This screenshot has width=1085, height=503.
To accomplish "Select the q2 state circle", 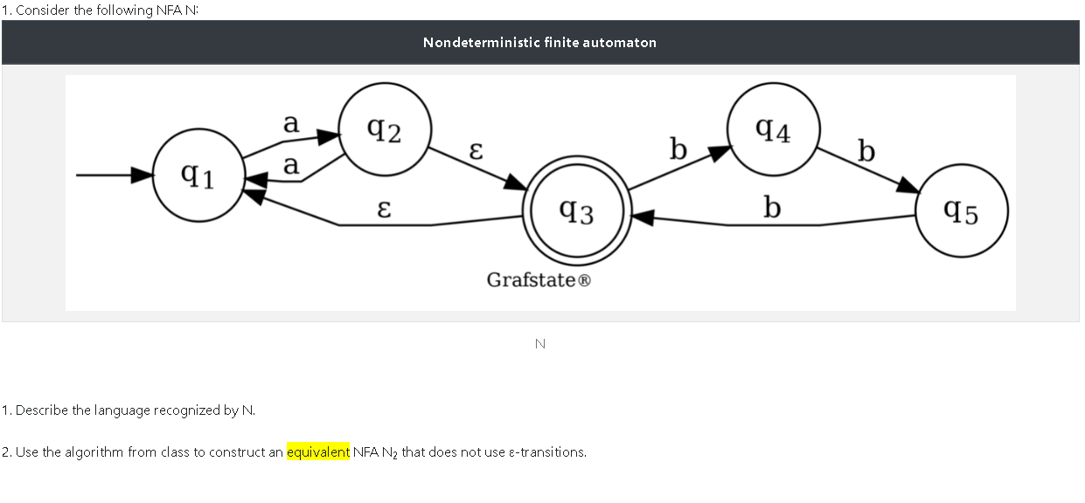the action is (x=385, y=130).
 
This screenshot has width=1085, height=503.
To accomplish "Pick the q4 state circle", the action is (x=773, y=129).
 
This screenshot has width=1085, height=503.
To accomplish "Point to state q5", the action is (x=962, y=211).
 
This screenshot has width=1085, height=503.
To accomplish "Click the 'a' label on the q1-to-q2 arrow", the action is (x=291, y=124).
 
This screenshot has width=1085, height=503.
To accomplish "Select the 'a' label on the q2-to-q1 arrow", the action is (x=291, y=164).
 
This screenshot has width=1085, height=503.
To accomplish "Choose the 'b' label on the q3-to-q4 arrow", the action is (x=678, y=150).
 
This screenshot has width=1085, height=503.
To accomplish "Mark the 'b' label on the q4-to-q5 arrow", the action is (x=866, y=152).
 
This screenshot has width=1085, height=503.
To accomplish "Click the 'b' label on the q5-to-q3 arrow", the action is (x=771, y=208).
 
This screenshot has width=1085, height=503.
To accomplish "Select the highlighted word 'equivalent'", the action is (x=318, y=452).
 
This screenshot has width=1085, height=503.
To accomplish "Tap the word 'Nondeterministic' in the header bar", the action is (x=481, y=42).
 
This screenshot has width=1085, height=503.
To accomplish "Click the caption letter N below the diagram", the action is (x=539, y=344).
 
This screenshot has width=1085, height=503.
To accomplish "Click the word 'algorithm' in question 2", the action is (x=94, y=452).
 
